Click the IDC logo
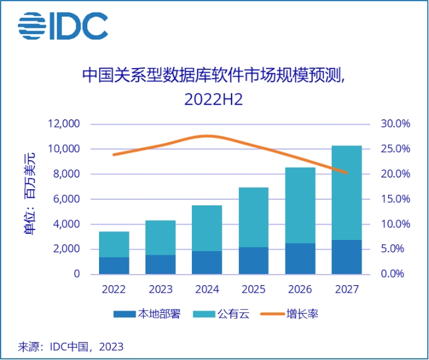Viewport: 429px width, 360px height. [63, 25]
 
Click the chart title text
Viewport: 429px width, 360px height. [214, 86]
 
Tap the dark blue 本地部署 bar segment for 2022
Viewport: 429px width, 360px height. [114, 265]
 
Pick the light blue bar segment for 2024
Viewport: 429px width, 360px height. [207, 228]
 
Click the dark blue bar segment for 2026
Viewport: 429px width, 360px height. [300, 259]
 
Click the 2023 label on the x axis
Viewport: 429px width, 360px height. [160, 289]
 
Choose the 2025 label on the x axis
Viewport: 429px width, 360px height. [253, 289]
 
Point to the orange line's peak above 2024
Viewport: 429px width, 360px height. [207, 135]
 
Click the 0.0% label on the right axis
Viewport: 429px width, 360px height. [396, 274]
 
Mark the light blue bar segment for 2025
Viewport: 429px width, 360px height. [253, 217]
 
